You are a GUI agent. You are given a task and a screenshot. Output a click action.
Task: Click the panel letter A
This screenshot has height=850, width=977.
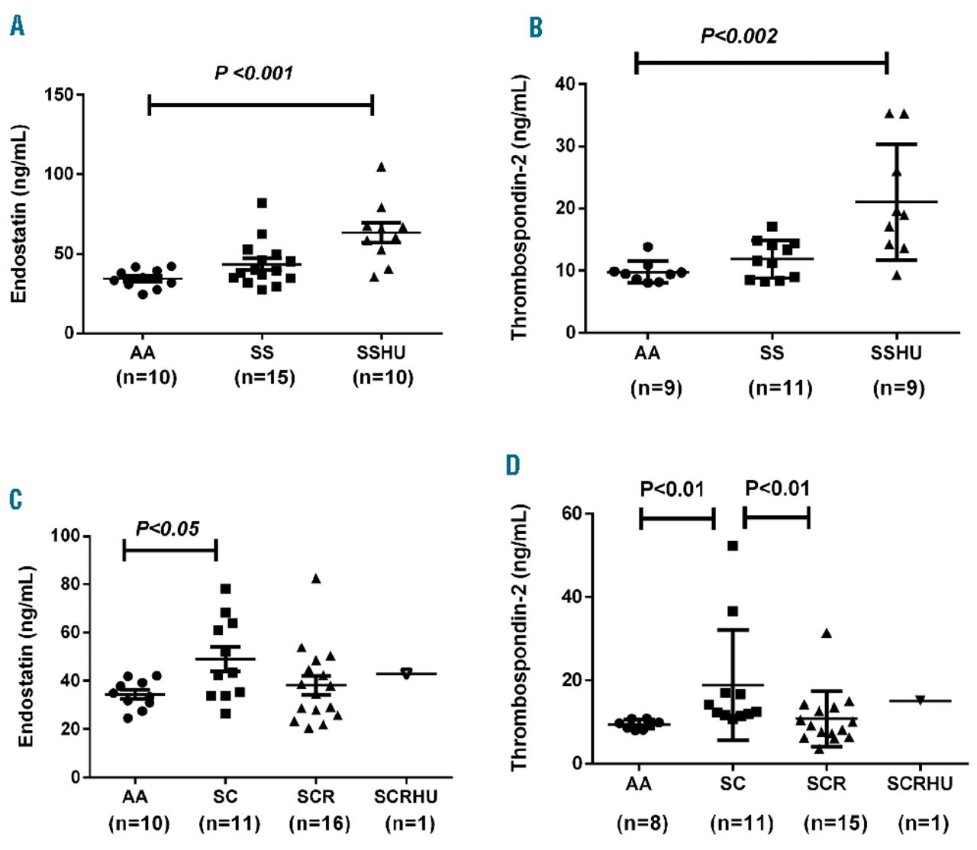tap(17, 26)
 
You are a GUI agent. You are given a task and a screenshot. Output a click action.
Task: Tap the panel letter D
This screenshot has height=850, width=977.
tap(513, 465)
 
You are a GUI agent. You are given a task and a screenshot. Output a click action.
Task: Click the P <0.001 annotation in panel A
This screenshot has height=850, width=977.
tap(253, 73)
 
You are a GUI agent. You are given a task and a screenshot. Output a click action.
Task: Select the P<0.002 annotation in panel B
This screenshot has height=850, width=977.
tap(739, 36)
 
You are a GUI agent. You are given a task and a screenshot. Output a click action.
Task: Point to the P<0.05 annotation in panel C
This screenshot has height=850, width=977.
tap(167, 529)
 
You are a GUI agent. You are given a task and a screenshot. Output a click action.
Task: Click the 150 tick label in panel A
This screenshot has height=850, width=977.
tap(59, 95)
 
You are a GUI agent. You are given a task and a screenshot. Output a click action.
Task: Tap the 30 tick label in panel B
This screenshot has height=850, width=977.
tap(566, 146)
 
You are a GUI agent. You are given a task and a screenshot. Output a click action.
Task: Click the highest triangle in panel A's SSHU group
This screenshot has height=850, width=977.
tap(381, 167)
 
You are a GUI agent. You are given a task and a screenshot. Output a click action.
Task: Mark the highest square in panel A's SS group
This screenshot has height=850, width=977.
tap(262, 203)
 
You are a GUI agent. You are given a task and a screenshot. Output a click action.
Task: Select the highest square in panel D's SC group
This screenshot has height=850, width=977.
tap(733, 546)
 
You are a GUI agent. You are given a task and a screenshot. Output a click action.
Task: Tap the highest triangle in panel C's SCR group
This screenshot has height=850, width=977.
tap(316, 578)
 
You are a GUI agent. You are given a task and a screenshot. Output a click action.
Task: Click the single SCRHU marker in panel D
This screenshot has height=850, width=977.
tap(920, 700)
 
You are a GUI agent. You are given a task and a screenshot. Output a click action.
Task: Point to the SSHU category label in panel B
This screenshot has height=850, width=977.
tap(896, 353)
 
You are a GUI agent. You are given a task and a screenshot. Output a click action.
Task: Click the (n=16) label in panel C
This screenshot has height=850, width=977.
tap(319, 823)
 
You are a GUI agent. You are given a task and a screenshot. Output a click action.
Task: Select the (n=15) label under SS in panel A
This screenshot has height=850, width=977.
tap(264, 377)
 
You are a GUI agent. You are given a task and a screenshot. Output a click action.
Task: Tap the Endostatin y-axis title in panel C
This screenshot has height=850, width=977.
tap(27, 655)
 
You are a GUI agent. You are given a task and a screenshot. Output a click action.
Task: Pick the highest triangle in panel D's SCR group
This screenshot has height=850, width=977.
tap(826, 633)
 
